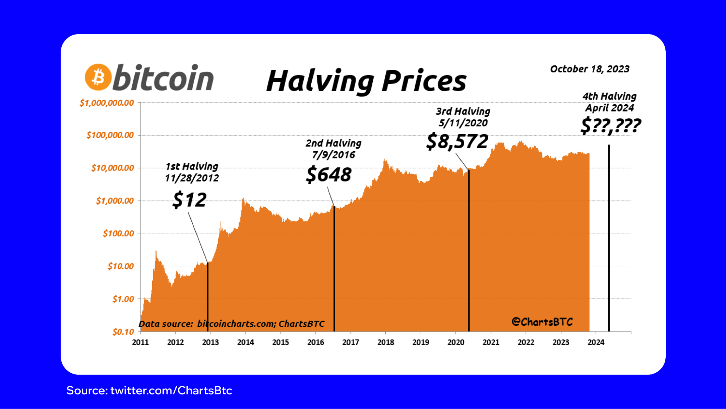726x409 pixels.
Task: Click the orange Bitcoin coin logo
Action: pos(98,77)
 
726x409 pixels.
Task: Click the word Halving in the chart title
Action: pos(320,81)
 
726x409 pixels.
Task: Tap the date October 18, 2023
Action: pos(589,69)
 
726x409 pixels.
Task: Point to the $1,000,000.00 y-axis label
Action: pos(107,103)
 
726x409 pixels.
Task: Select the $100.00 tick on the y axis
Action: pos(118,233)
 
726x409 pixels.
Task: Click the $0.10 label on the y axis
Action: pos(123,332)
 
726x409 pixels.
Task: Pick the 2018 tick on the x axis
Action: pos(385,342)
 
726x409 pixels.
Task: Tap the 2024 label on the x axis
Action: pos(596,342)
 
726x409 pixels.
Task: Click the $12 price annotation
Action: pos(190,200)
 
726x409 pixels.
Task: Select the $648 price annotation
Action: pos(329,175)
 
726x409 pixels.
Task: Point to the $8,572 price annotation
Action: pos(457,141)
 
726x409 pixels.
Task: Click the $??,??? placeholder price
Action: pos(611,126)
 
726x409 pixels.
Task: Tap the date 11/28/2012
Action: pos(192,178)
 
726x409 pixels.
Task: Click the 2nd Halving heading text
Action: pos(333,143)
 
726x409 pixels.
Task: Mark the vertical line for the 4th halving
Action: pos(609,236)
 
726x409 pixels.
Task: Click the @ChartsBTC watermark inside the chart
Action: pos(542,322)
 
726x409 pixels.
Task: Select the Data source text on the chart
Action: pos(231,324)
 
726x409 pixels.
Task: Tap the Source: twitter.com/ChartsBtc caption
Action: pos(149,390)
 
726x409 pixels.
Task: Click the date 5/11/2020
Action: pos(463,123)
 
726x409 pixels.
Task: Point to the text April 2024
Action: pos(609,108)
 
